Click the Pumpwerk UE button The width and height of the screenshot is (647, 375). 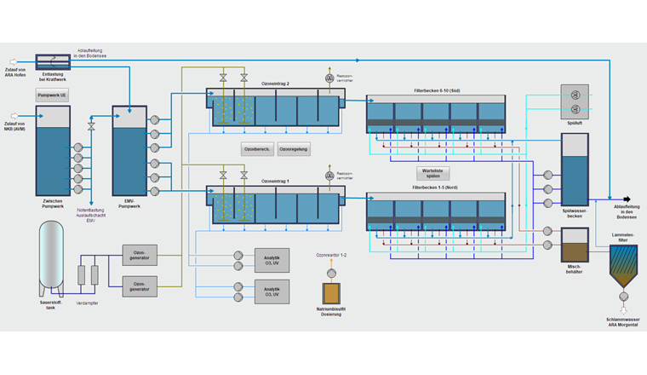[x=52, y=95]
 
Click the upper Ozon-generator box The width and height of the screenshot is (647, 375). [x=140, y=253]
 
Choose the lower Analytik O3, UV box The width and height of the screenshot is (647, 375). [x=272, y=291]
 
